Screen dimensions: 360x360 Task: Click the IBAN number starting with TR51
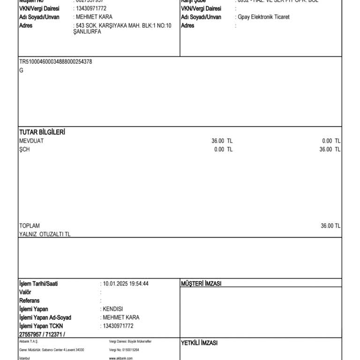point(55,62)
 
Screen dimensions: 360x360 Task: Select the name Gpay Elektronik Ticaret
point(263,17)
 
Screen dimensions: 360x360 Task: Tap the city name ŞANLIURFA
point(87,32)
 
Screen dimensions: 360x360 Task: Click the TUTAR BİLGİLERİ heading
point(42,132)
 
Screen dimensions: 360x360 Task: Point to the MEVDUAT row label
point(31,141)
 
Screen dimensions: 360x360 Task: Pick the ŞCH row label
point(24,150)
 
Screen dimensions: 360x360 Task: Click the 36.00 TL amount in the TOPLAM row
point(330,226)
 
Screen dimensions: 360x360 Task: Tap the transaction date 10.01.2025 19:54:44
point(126,284)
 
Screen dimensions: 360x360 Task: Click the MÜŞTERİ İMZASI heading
point(201,284)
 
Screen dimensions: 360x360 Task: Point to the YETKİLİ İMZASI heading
point(199,343)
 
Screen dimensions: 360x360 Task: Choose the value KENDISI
point(112,309)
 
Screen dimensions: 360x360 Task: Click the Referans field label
point(29,300)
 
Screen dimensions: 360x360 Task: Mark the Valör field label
point(25,292)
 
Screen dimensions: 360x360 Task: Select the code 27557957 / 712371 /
point(42,334)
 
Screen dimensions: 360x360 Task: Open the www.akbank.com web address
point(121,358)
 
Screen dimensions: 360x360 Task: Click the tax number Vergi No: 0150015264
point(124,350)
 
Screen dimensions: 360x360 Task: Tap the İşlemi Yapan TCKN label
point(41,326)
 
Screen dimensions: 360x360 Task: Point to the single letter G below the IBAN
point(21,70)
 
